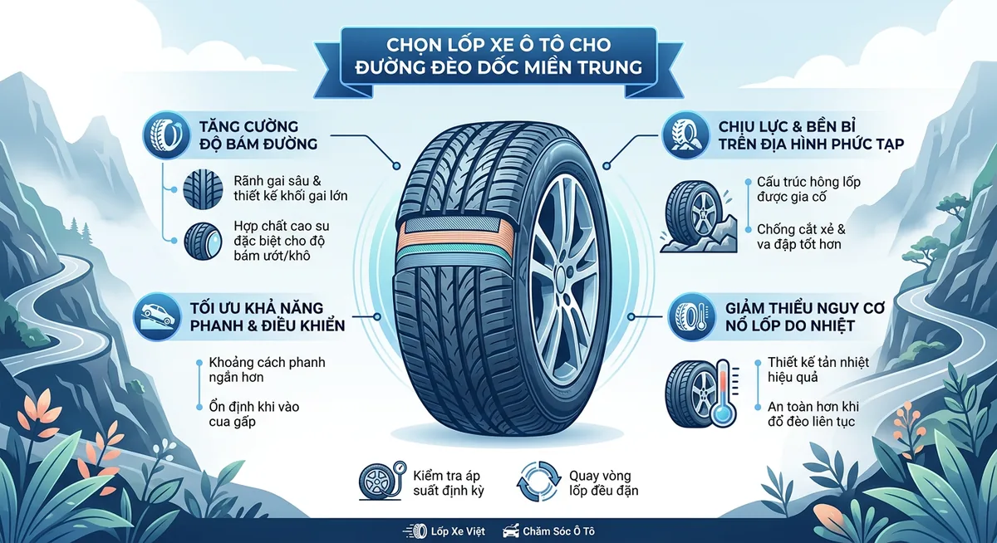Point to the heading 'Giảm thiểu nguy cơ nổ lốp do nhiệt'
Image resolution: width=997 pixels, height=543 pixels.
tap(794, 316)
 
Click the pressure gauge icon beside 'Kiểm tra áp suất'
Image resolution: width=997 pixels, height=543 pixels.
tap(383, 482)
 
